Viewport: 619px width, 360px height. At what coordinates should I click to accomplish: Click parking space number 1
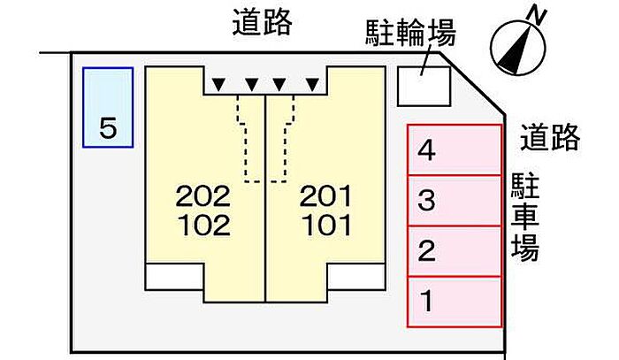[x=455, y=302]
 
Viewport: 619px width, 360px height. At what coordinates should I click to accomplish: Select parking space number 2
[x=455, y=251]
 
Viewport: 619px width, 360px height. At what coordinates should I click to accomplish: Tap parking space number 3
[x=455, y=201]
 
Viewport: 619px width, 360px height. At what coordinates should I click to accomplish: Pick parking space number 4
[x=455, y=150]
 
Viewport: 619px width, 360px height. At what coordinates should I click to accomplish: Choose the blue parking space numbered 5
[x=108, y=107]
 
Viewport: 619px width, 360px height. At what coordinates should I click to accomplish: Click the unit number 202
[x=203, y=196]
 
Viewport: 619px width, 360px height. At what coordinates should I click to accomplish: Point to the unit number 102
[x=204, y=226]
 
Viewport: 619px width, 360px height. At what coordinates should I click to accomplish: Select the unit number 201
[x=325, y=196]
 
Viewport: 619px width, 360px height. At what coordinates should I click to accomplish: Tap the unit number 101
[x=327, y=226]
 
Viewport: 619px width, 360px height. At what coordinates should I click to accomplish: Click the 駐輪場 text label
[x=410, y=33]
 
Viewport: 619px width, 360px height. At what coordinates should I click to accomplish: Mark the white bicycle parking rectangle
[x=424, y=87]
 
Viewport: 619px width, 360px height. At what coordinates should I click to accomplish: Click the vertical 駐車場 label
[x=525, y=217]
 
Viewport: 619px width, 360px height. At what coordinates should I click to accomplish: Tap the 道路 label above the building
[x=262, y=22]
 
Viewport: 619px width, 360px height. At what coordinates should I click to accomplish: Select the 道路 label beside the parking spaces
[x=550, y=137]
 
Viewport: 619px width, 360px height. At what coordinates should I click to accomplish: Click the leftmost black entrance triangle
[x=218, y=84]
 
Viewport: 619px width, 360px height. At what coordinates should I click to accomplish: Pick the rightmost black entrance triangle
[x=313, y=84]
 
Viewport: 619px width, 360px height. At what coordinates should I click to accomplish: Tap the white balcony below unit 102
[x=174, y=277]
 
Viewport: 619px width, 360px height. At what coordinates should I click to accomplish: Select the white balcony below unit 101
[x=356, y=277]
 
